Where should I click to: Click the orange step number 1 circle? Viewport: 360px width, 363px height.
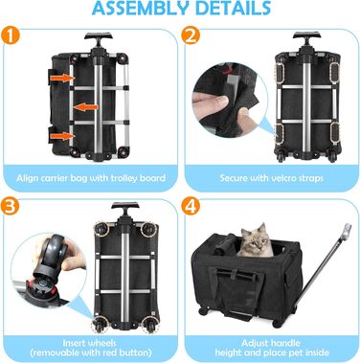[x=11, y=35]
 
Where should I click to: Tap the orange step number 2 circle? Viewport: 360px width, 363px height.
[x=191, y=35]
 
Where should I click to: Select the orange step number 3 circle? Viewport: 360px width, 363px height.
[x=11, y=206]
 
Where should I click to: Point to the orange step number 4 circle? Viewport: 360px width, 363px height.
[x=191, y=206]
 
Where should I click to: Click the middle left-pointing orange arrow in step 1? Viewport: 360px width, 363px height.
[x=86, y=107]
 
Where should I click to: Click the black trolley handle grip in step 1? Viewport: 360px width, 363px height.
[x=99, y=35]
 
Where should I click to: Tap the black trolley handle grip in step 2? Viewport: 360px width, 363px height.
[x=306, y=35]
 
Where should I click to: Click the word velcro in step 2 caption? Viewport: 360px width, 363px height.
[x=282, y=178]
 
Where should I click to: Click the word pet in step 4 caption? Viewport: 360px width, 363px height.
[x=295, y=352]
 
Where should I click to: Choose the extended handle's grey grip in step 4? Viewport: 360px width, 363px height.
[x=347, y=231]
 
